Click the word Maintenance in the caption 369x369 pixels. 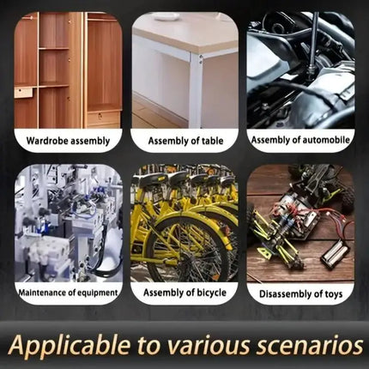[x=42, y=293]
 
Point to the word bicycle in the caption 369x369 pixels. [x=211, y=293]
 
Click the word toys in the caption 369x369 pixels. [x=334, y=294]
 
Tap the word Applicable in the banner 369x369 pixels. [x=70, y=345]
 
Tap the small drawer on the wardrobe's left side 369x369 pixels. [x=23, y=93]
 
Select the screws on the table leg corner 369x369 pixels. [x=201, y=59]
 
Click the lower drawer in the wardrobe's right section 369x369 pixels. [x=103, y=117]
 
